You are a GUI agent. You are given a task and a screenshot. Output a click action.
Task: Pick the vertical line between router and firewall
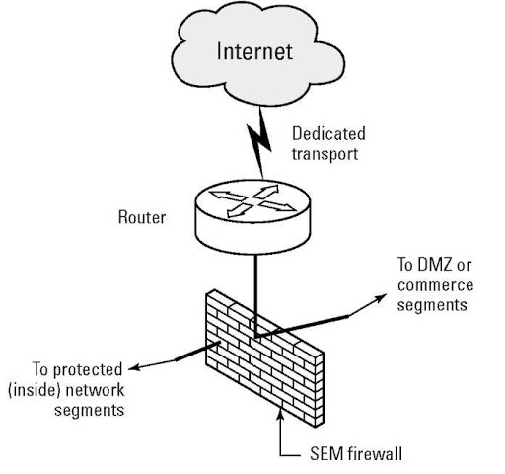pos(253,286)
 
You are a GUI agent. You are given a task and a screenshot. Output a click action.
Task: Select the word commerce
pos(436,286)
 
